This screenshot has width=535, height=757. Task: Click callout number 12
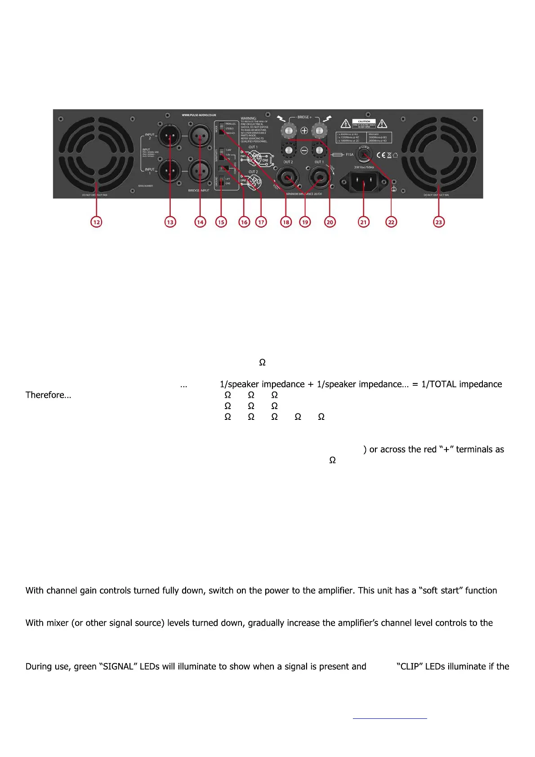coord(96,222)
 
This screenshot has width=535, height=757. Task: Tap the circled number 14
coord(200,222)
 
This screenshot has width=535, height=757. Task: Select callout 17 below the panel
coord(261,222)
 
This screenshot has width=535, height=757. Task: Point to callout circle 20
coord(330,222)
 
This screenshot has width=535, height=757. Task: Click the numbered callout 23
coord(438,222)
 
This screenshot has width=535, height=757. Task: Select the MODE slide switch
coord(221,128)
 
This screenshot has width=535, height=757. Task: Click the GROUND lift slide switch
coord(221,181)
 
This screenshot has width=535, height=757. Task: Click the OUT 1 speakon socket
coord(319,178)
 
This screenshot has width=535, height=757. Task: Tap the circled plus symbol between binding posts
coord(304,131)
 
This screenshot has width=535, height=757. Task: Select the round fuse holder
coord(364,154)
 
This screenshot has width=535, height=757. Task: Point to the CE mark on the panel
coord(380,155)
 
